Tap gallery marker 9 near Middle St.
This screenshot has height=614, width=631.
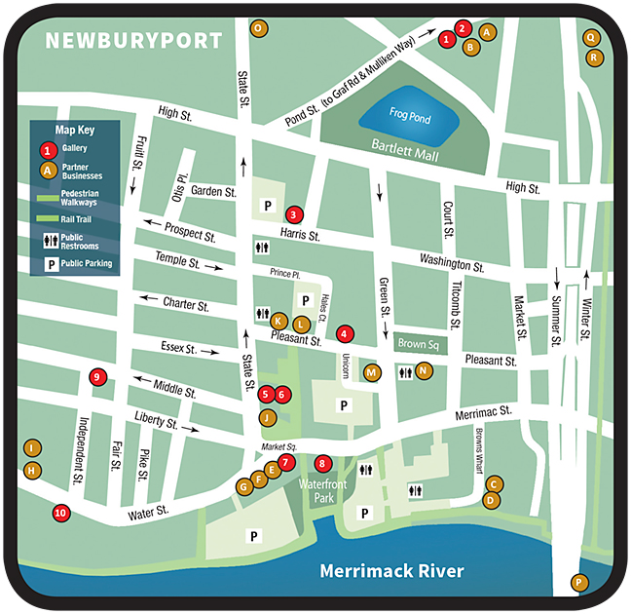pos(96,377)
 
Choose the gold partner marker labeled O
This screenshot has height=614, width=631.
pos(258,28)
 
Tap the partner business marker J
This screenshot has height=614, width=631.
pos(267,417)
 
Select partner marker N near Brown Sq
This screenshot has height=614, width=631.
pos(424,370)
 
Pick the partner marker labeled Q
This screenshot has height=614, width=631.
pos(590,37)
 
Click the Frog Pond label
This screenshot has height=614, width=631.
pos(409,113)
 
